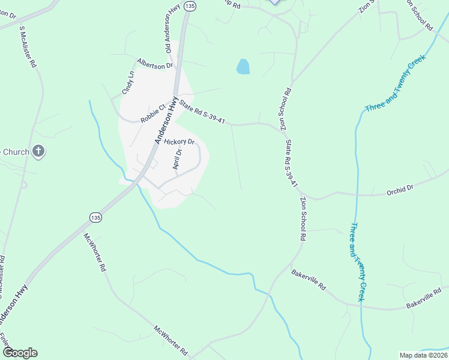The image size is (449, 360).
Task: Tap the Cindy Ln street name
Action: [x=128, y=83]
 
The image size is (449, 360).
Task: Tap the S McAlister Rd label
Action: [x=29, y=47]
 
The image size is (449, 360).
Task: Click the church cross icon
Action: [x=38, y=151]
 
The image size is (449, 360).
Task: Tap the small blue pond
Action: [x=243, y=67]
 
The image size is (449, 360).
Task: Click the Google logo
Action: [x=20, y=353]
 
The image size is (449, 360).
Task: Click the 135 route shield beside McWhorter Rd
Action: [x=95, y=217]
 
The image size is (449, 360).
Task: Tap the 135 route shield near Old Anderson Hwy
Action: [x=190, y=5]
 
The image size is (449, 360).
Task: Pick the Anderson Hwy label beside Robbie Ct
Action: [x=165, y=121]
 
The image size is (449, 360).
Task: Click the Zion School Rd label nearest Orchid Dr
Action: [x=303, y=219]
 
